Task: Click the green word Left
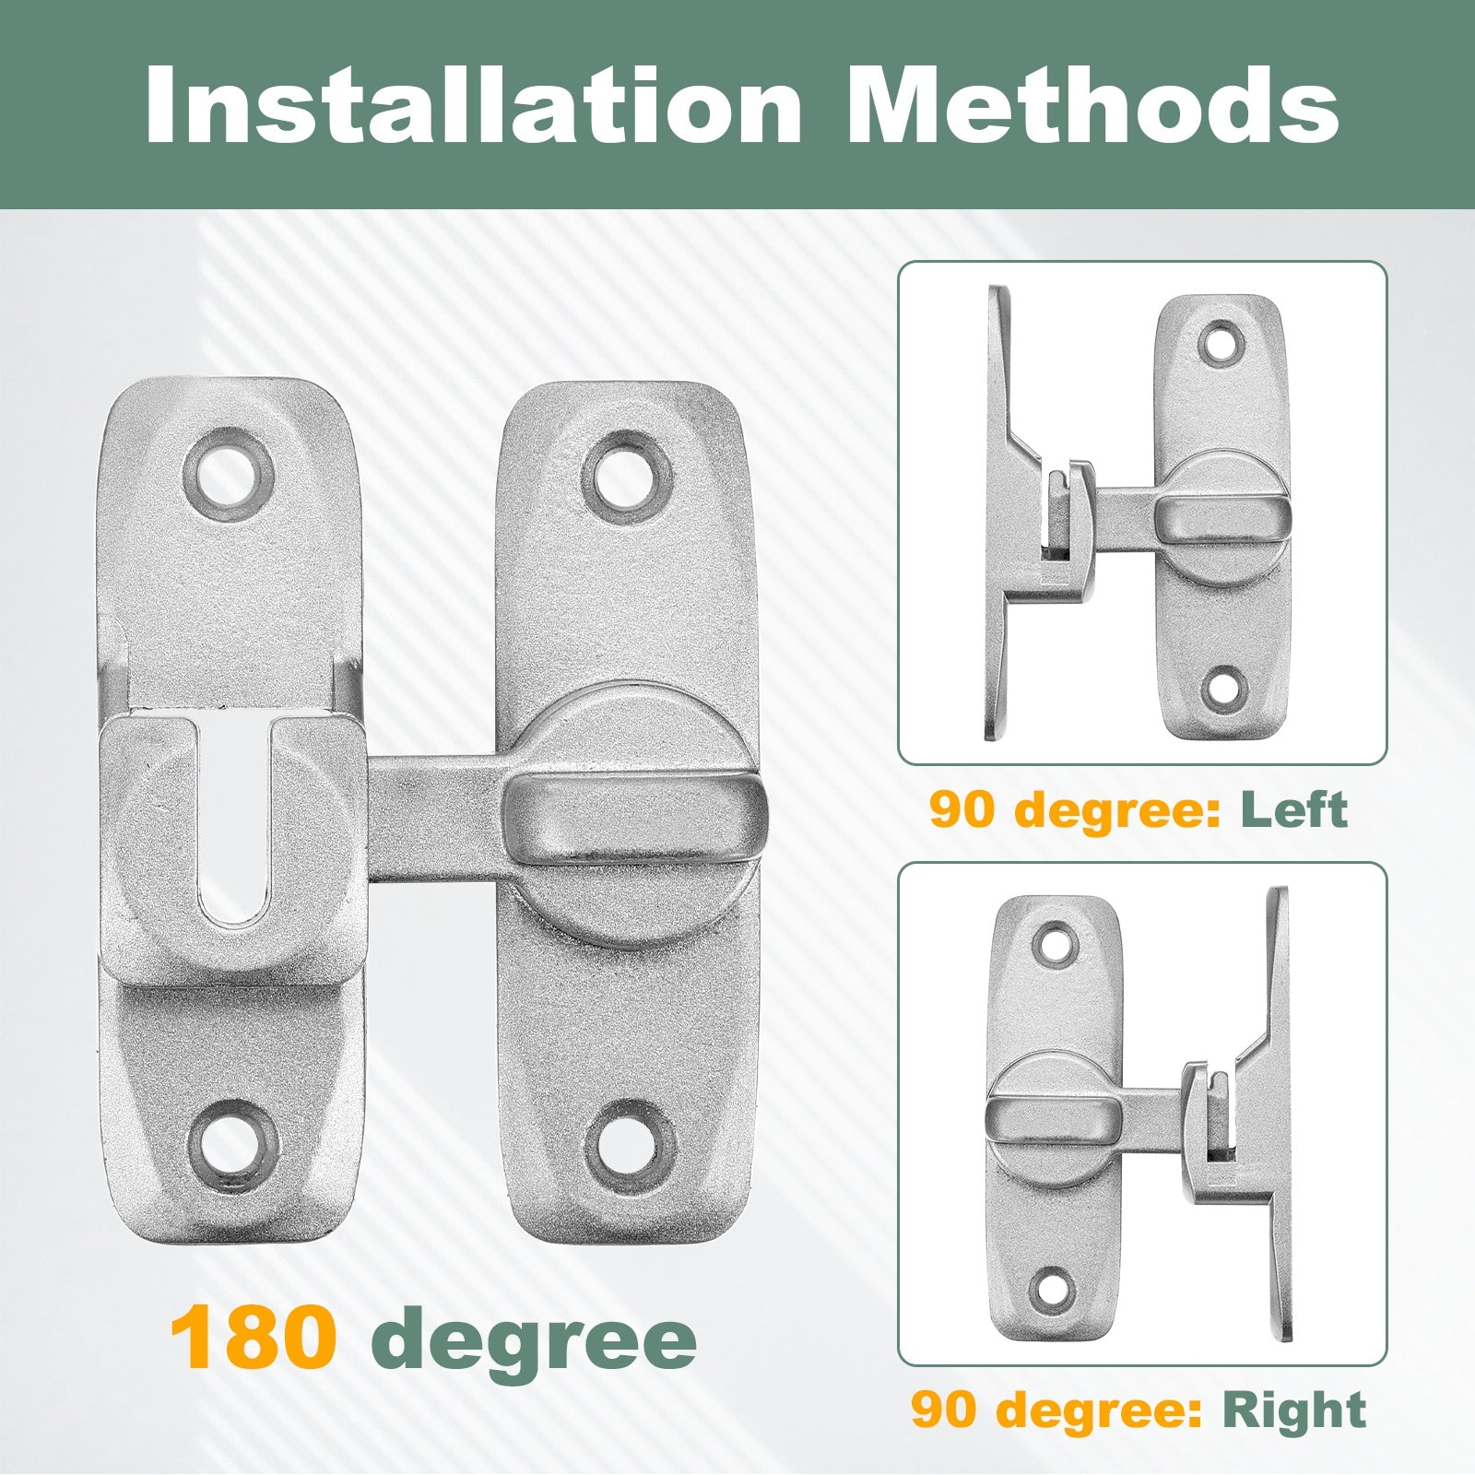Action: click(1293, 809)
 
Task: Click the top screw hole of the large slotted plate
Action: click(229, 474)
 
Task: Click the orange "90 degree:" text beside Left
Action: click(1076, 811)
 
